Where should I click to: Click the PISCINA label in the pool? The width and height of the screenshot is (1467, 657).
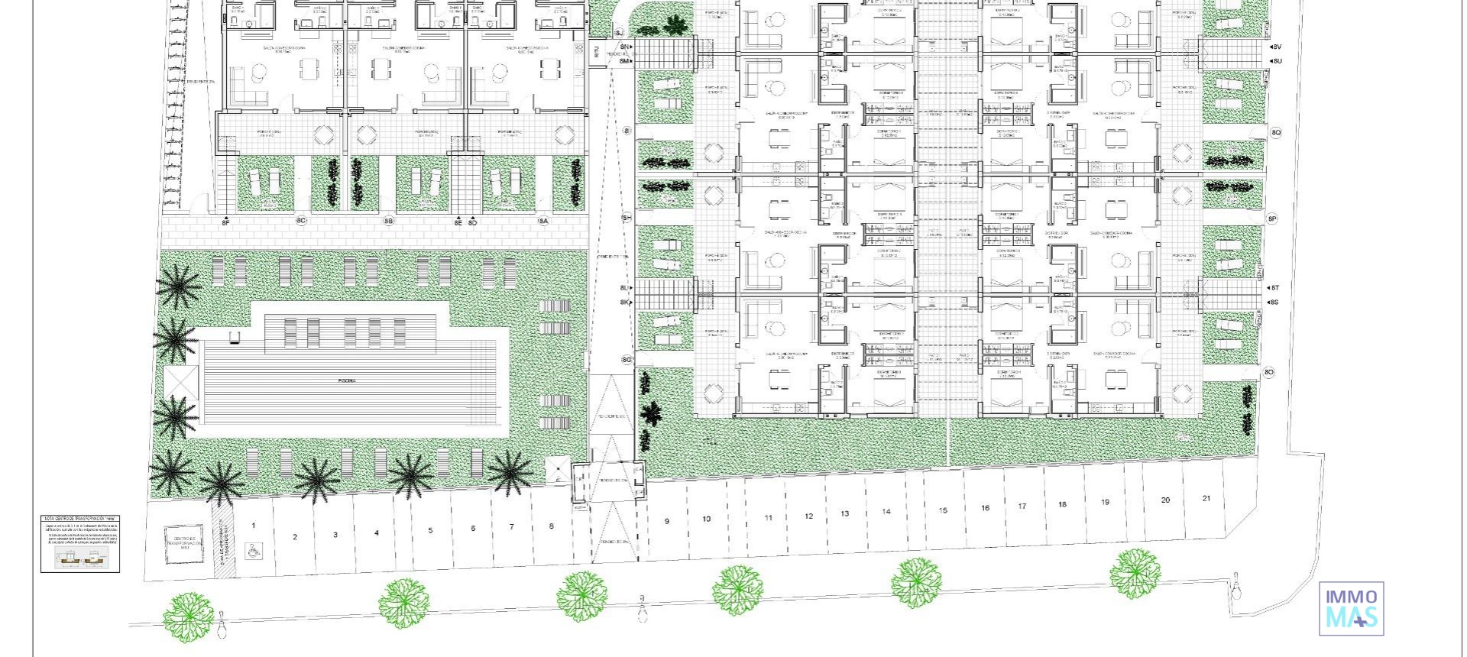(348, 380)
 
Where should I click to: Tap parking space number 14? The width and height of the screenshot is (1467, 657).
(886, 512)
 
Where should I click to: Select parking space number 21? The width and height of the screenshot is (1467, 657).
(1206, 499)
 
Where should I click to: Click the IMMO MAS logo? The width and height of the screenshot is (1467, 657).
(1351, 608)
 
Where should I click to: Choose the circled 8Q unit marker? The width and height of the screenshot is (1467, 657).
(1276, 133)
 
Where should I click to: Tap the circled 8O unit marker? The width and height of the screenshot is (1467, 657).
(1268, 373)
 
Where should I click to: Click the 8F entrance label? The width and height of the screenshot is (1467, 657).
(225, 222)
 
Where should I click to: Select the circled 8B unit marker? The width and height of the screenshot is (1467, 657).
(388, 222)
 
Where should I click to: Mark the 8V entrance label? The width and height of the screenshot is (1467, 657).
(1277, 47)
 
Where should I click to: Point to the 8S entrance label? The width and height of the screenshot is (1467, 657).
(1274, 303)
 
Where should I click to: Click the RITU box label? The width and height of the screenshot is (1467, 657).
(596, 52)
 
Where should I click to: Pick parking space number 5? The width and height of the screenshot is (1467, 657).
(430, 530)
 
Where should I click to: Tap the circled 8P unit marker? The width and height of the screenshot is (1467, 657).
(1272, 219)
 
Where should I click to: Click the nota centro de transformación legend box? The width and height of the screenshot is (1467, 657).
(80, 543)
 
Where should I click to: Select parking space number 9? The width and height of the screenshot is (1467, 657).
(667, 521)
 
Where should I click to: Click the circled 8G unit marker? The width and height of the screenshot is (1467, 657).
(627, 360)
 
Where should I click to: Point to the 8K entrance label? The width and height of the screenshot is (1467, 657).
(625, 303)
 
